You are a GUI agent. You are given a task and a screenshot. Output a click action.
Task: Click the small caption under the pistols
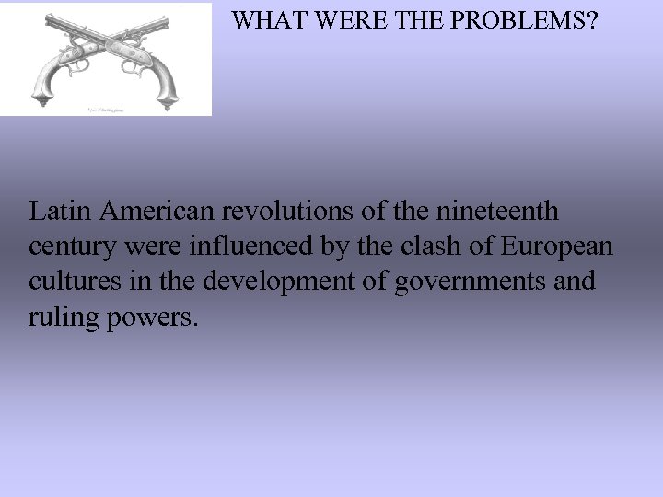coord(108,109)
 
